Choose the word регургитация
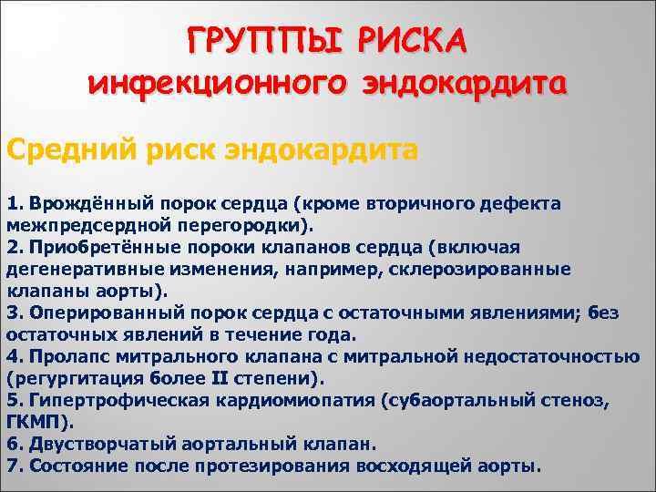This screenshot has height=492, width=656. point(67,378)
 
